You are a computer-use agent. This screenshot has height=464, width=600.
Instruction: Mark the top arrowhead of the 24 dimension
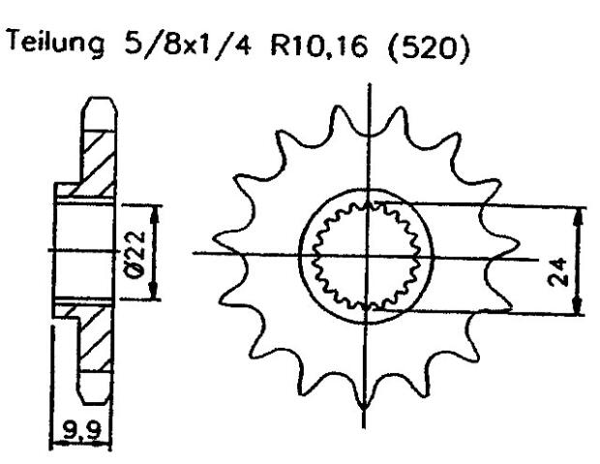578,211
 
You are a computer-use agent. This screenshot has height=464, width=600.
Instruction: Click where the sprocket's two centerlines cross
365,255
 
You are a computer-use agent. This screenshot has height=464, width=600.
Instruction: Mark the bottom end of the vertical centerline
364,427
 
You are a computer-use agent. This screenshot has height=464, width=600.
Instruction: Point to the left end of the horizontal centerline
195,254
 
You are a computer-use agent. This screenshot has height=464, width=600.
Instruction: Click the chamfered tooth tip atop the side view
96,103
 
